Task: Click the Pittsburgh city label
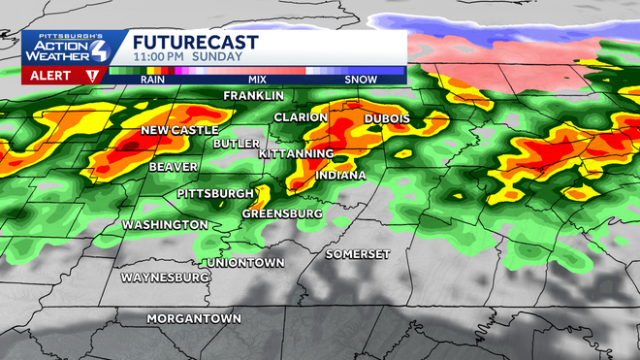(215, 194)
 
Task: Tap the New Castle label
(180, 131)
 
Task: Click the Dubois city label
(387, 118)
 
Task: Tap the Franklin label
(254, 96)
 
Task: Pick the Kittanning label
(297, 154)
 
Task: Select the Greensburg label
(281, 213)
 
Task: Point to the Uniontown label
(245, 263)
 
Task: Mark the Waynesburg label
(165, 278)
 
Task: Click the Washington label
(164, 225)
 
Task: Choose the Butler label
(237, 143)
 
